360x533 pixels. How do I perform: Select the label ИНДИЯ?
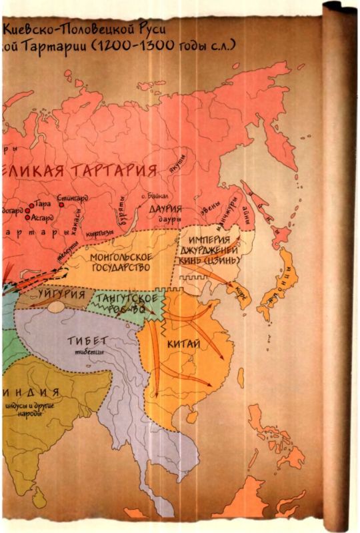click(x=29, y=391)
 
